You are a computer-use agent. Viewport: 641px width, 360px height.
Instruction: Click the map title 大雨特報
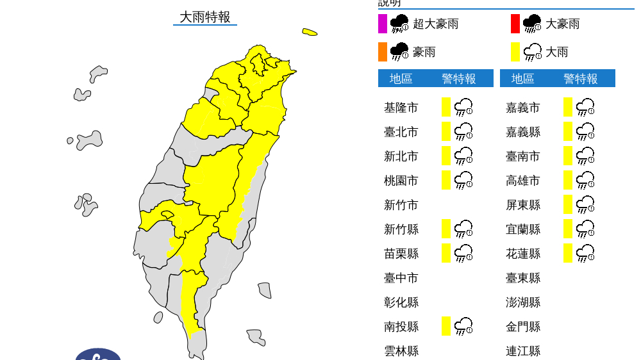(204, 17)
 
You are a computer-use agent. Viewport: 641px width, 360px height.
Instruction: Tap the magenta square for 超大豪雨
(383, 24)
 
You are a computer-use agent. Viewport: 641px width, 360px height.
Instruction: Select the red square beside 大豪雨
(515, 24)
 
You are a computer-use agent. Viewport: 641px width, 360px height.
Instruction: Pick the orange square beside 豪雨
(383, 52)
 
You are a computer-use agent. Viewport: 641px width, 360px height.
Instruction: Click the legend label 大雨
(556, 52)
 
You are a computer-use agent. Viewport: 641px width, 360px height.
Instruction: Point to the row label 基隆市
(401, 108)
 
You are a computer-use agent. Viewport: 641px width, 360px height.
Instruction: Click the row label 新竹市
(401, 205)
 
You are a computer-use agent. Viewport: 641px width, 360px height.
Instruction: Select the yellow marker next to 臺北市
(446, 131)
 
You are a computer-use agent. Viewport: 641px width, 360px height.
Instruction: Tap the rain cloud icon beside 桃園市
(463, 181)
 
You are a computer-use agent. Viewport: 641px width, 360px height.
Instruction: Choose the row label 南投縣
(401, 327)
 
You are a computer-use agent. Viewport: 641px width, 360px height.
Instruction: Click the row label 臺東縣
(522, 278)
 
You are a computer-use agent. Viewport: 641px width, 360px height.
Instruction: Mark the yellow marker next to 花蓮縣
(568, 253)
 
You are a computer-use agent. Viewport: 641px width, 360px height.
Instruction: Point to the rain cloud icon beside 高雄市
(585, 181)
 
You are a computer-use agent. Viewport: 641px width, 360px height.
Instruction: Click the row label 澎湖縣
(522, 302)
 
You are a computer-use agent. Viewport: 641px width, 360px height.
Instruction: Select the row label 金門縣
(522, 327)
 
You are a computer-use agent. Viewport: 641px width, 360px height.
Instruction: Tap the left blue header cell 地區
(401, 79)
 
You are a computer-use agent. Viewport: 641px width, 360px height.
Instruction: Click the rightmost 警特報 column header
(581, 79)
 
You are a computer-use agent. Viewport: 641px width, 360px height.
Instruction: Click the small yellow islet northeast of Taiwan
(310, 31)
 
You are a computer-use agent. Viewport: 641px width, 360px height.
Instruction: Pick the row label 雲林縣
(401, 351)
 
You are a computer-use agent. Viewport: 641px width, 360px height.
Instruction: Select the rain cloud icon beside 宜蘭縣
(585, 229)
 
